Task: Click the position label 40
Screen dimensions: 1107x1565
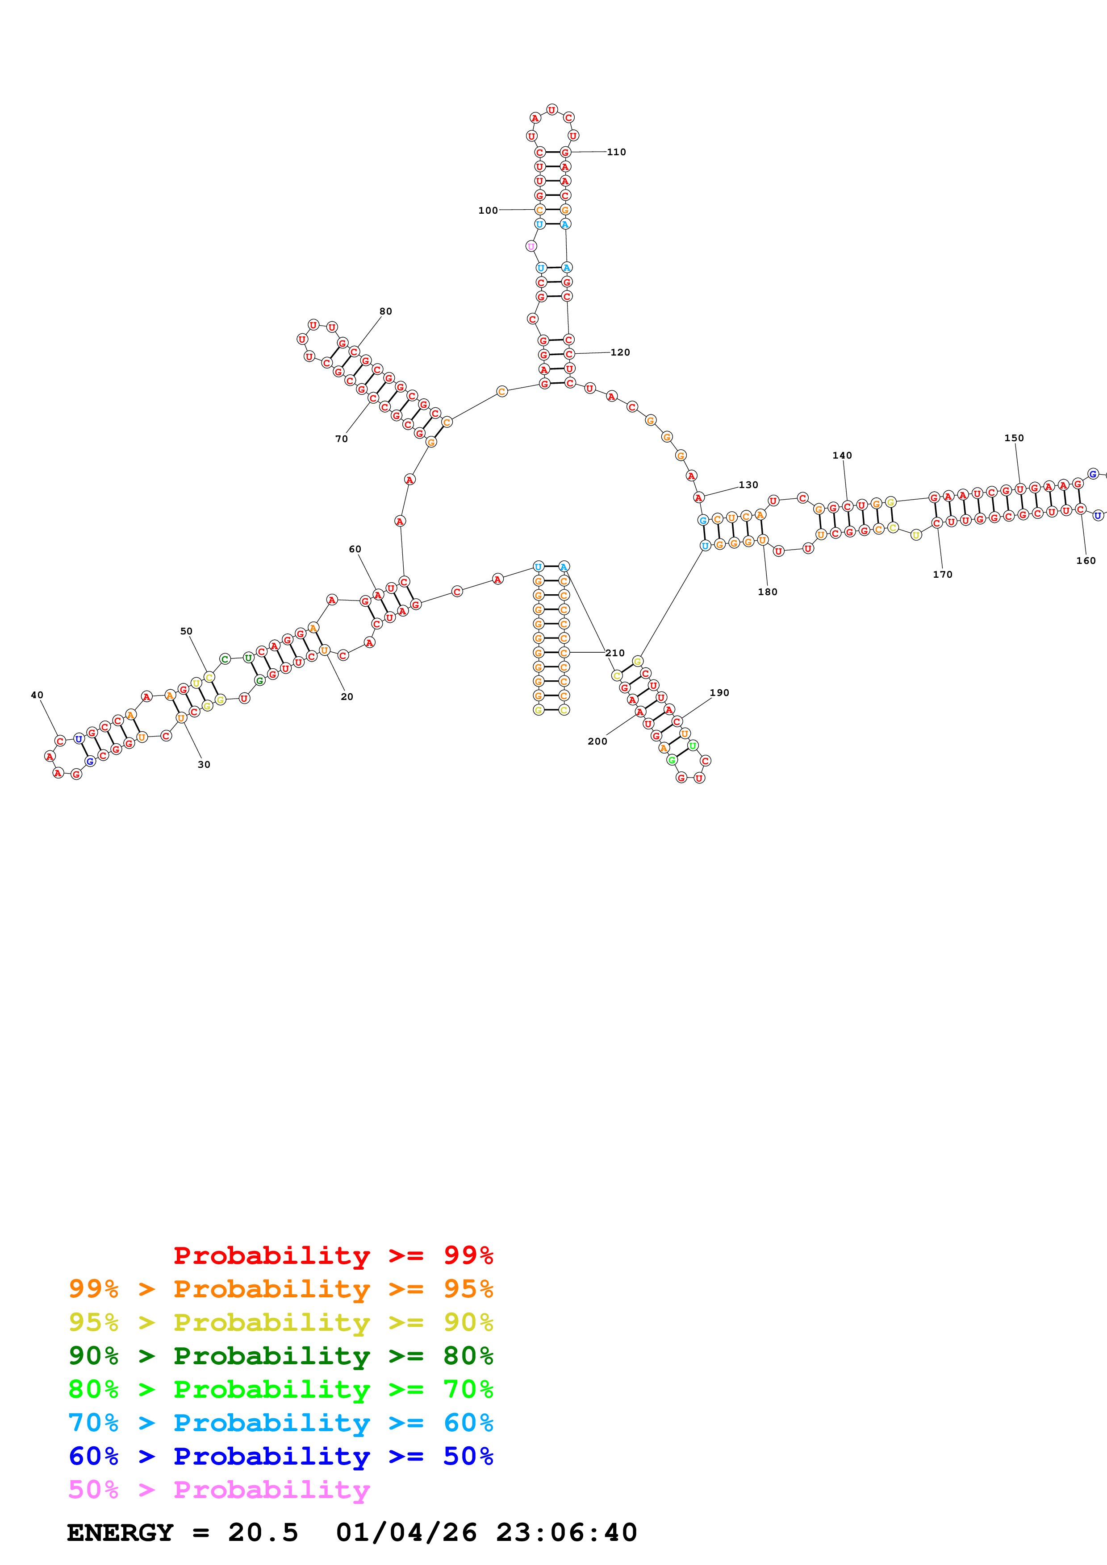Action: click(x=37, y=695)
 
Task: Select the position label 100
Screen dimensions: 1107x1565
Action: click(x=488, y=211)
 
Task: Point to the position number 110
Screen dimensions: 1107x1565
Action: click(x=617, y=152)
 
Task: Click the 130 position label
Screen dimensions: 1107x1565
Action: click(x=748, y=485)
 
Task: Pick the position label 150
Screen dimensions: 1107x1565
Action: click(x=1014, y=438)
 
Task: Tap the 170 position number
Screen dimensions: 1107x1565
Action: click(x=943, y=575)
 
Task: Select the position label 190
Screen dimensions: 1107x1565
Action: click(x=719, y=692)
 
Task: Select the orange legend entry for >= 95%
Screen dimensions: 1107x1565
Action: click(x=281, y=1288)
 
